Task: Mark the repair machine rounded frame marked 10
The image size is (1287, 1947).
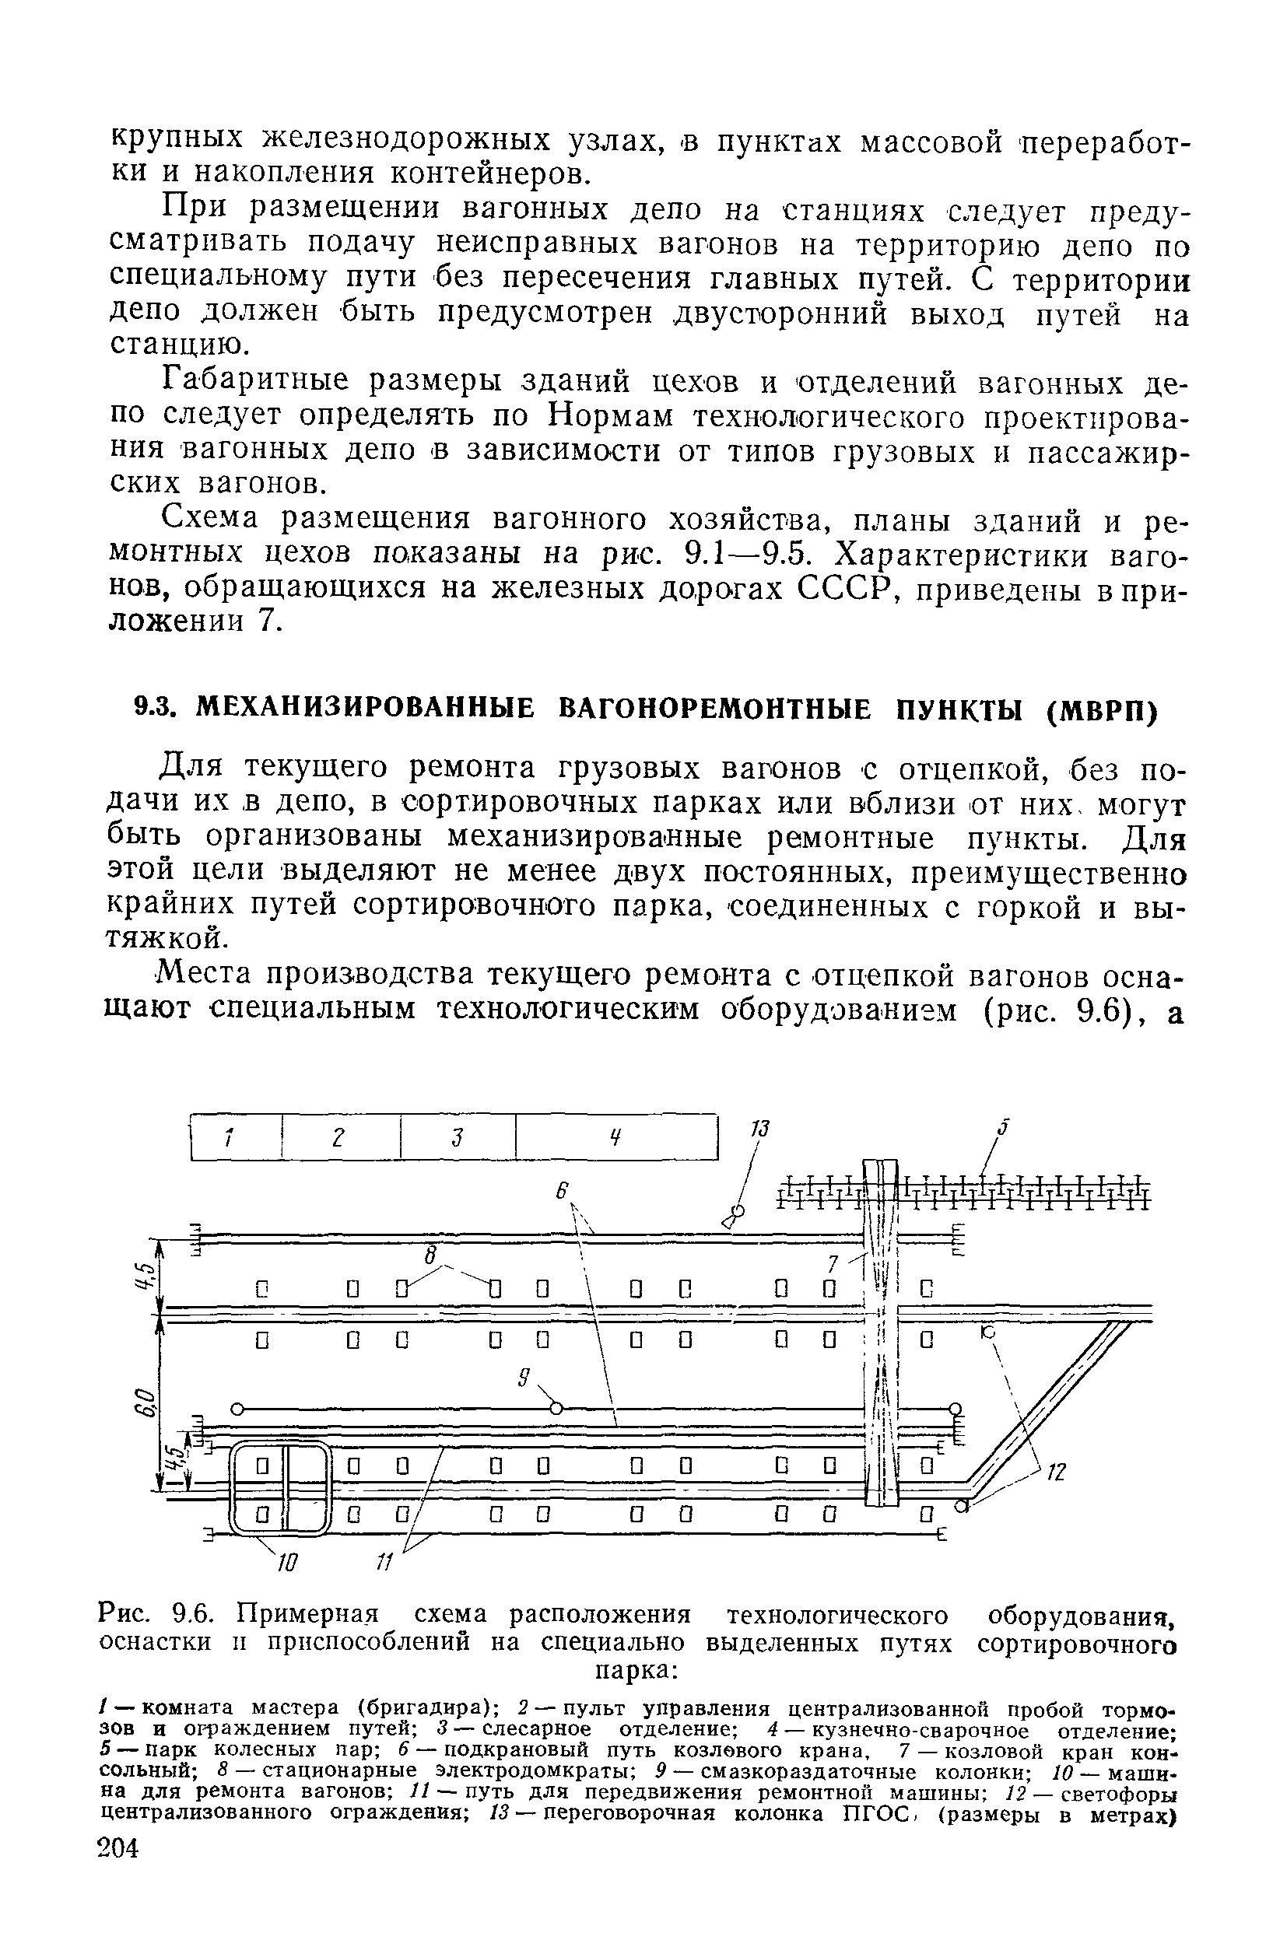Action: click(279, 1487)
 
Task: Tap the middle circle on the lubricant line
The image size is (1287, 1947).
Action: click(556, 1409)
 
